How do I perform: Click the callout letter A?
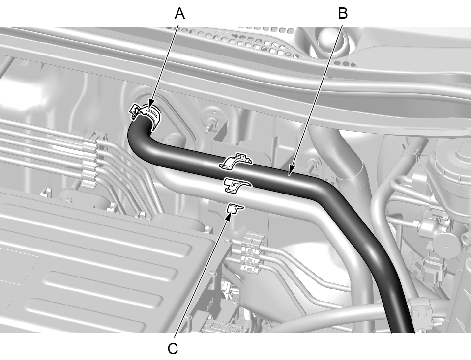click(179, 13)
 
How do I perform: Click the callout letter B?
click(343, 13)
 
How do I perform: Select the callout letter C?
click(173, 349)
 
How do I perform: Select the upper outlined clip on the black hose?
click(236, 162)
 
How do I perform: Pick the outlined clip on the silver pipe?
click(237, 185)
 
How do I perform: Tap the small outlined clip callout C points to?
click(235, 208)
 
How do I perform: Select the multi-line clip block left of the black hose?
click(92, 160)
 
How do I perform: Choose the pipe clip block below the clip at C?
click(253, 252)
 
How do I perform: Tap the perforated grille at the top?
click(265, 42)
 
